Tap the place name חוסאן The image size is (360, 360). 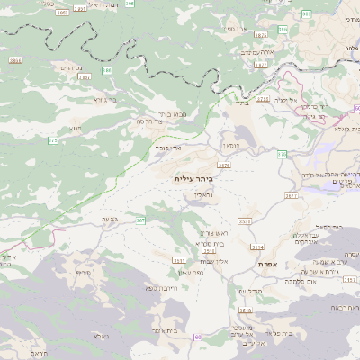229,145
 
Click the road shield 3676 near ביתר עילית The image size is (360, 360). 223,166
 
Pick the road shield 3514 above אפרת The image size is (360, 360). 257,247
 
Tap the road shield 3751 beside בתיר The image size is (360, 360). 263,99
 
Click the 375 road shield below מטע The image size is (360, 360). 52,141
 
